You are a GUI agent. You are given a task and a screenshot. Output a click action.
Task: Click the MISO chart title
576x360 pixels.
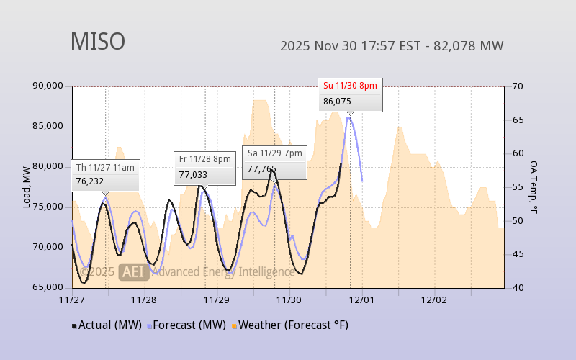[97, 42]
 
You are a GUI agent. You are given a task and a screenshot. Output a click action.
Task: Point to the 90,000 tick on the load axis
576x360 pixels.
[48, 86]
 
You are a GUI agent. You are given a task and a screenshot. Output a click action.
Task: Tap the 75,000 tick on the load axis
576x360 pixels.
[48, 207]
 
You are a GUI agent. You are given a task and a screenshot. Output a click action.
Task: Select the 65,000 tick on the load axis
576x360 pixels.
[48, 288]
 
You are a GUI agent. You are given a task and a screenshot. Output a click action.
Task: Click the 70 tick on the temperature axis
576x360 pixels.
[517, 86]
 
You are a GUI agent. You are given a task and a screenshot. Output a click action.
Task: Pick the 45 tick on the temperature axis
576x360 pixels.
[517, 254]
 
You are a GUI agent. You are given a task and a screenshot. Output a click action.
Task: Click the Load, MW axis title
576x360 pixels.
[27, 187]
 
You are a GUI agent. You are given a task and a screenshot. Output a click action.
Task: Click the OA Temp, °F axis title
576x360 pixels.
[534, 187]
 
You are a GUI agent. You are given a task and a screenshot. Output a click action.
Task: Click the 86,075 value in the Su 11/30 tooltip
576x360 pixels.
[337, 102]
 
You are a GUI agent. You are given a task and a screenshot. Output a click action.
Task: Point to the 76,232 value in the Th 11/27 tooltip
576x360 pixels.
[90, 182]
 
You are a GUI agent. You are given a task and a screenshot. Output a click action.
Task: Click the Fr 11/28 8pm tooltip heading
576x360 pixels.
[204, 159]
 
